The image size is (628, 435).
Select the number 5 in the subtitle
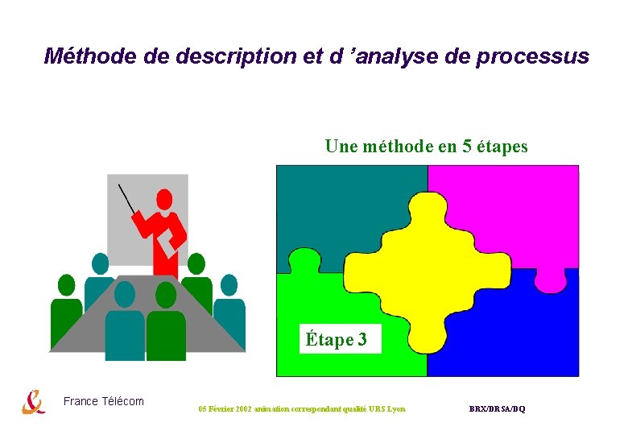(466, 147)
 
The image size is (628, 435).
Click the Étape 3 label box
(337, 340)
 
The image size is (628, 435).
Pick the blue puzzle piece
(515, 338)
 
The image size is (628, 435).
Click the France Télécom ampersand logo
(33, 401)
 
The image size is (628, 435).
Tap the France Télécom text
(104, 401)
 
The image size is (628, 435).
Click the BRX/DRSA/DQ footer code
(497, 409)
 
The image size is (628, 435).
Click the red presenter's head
(164, 198)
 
